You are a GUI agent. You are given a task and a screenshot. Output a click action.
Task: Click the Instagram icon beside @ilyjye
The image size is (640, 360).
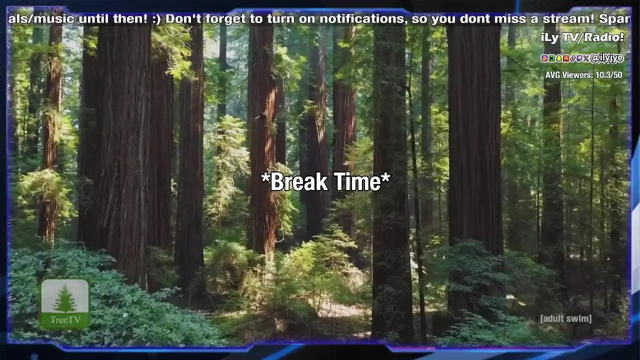pyautogui.click(x=544, y=58)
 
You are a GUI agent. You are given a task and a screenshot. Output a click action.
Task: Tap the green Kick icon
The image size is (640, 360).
pyautogui.click(x=551, y=58)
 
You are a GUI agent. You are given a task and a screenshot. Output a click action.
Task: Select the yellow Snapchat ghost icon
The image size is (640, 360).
pyautogui.click(x=558, y=58)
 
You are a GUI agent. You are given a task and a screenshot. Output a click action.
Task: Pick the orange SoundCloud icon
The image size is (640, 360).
pyautogui.click(x=565, y=58)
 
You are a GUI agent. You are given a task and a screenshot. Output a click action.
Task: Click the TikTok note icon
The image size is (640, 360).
pyautogui.click(x=572, y=58)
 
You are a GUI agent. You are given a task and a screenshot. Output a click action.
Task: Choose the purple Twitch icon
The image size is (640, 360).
pyautogui.click(x=579, y=58)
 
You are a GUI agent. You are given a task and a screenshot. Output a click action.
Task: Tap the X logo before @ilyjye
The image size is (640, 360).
pyautogui.click(x=586, y=58)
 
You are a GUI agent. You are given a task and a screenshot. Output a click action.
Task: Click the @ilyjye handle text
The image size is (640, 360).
pyautogui.click(x=606, y=58)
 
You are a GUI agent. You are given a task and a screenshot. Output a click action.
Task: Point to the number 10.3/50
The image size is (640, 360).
pyautogui.click(x=609, y=75)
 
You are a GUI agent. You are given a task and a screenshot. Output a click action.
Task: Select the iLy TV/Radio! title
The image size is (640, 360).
pyautogui.click(x=582, y=37)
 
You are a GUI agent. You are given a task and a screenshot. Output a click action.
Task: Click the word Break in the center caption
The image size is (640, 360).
pyautogui.click(x=299, y=181)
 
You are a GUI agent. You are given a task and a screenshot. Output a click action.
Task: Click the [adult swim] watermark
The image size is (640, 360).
pyautogui.click(x=566, y=318)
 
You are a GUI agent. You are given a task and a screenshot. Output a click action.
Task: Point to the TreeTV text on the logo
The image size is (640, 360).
pyautogui.click(x=65, y=319)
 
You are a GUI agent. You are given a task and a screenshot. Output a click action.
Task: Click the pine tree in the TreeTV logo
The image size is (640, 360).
pyautogui.click(x=65, y=298)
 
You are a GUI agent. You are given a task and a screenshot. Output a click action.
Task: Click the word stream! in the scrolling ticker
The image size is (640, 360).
pyautogui.click(x=568, y=18)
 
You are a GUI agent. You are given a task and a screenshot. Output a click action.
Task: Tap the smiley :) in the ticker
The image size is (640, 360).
pyautogui.click(x=156, y=19)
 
